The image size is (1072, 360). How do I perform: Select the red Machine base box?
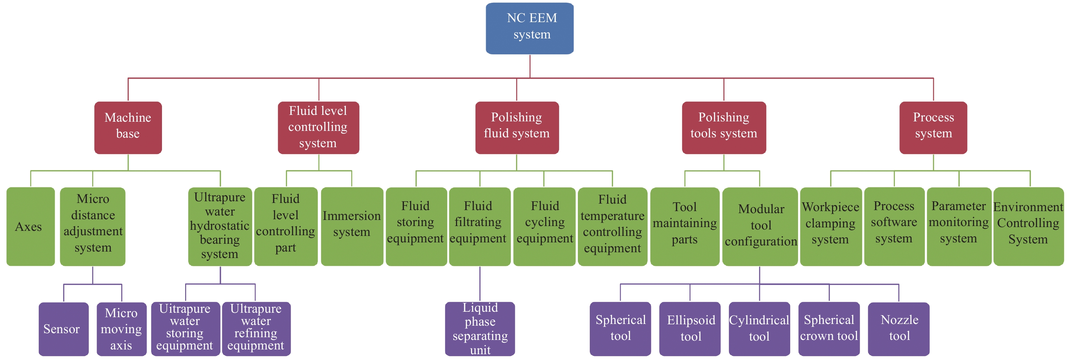(128, 127)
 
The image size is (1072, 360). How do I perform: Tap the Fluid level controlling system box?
(318, 127)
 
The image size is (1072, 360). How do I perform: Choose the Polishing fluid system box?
(517, 127)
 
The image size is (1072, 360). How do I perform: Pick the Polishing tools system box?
(724, 127)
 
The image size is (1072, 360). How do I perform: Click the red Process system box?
(933, 127)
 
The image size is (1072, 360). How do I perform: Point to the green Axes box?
(30, 226)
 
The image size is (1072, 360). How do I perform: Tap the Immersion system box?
(352, 226)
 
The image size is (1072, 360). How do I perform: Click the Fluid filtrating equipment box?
(480, 226)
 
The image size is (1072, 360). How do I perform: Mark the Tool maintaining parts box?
(685, 226)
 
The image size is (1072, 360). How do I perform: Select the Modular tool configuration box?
(760, 226)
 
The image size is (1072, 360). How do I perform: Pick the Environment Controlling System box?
(1028, 226)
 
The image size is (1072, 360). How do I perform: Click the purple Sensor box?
(63, 329)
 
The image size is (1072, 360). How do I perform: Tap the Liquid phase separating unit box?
(480, 329)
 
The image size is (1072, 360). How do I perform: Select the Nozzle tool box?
(898, 329)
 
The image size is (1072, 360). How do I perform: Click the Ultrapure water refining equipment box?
(256, 329)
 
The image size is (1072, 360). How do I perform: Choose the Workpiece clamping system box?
(831, 226)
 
